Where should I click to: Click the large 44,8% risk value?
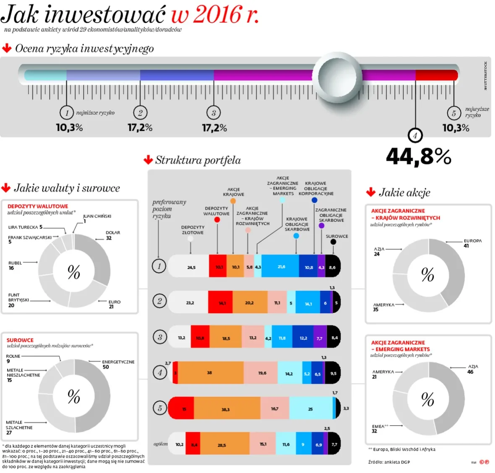[x=418, y=156]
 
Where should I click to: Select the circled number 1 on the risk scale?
[x=67, y=113]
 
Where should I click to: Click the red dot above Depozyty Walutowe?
[x=217, y=220]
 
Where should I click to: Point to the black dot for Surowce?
[x=333, y=242]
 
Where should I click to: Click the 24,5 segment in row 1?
[x=191, y=267]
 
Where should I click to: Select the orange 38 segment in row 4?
[x=210, y=373]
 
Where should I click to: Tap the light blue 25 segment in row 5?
[x=310, y=409]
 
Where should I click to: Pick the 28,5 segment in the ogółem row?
[x=222, y=445]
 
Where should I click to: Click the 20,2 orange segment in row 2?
[x=249, y=302]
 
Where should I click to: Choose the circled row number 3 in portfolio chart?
[x=160, y=337]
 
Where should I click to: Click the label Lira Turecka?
[x=23, y=227]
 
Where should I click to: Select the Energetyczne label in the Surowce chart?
[x=118, y=362]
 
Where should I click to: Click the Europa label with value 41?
[x=472, y=241]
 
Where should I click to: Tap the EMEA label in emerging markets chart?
[x=378, y=426]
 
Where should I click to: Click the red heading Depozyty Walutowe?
[x=38, y=206]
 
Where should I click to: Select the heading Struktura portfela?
[x=198, y=160]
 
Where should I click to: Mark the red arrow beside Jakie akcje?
[x=371, y=192]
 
